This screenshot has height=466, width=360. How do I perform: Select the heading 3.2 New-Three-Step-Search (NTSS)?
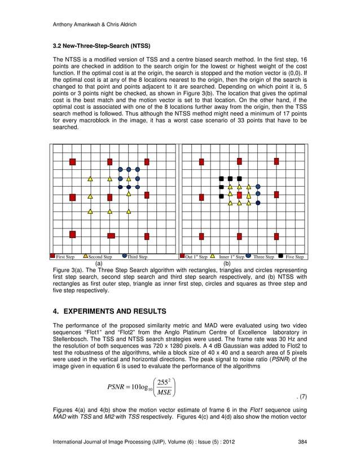pyautogui.click(x=97, y=45)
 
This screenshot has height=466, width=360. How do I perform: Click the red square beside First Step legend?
pyautogui.click(x=52, y=256)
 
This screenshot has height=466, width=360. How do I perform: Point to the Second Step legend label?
pyautogui.click(x=101, y=257)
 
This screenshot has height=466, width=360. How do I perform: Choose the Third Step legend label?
pyautogui.click(x=138, y=257)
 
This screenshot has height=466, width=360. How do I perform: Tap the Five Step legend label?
pyautogui.click(x=295, y=257)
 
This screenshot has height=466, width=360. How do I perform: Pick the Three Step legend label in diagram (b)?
pyautogui.click(x=264, y=257)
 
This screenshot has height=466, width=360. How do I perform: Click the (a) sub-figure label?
pyautogui.click(x=98, y=263)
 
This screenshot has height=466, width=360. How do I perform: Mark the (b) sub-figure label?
pyautogui.click(x=227, y=263)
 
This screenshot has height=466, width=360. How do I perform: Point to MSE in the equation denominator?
pyautogui.click(x=165, y=392)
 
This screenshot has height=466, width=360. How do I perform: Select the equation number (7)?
pyautogui.click(x=302, y=397)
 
